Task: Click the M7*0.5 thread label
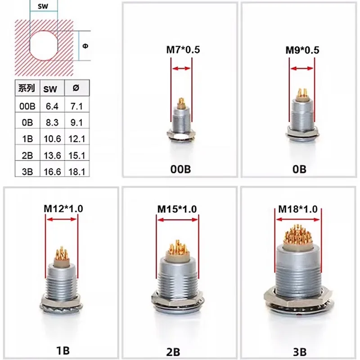pos(181,50)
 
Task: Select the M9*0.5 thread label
pos(302,50)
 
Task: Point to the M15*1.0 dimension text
pos(177,209)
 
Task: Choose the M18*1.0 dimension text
pos(297,209)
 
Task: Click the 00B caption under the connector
pos(181,170)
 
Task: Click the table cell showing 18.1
pos(74,171)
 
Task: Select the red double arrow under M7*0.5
pos(181,68)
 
